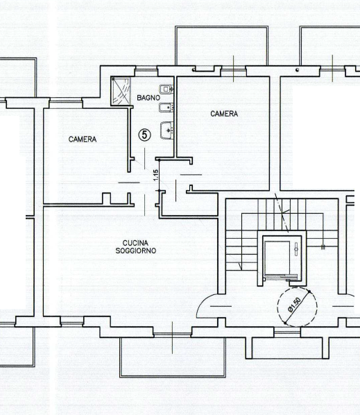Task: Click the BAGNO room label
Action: pyautogui.click(x=148, y=99)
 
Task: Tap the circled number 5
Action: pyautogui.click(x=144, y=135)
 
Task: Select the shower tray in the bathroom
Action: pyautogui.click(x=122, y=90)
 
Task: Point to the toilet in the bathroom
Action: pyautogui.click(x=165, y=90)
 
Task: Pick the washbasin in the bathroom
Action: pyautogui.click(x=166, y=130)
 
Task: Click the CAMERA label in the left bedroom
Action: pyautogui.click(x=83, y=139)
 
